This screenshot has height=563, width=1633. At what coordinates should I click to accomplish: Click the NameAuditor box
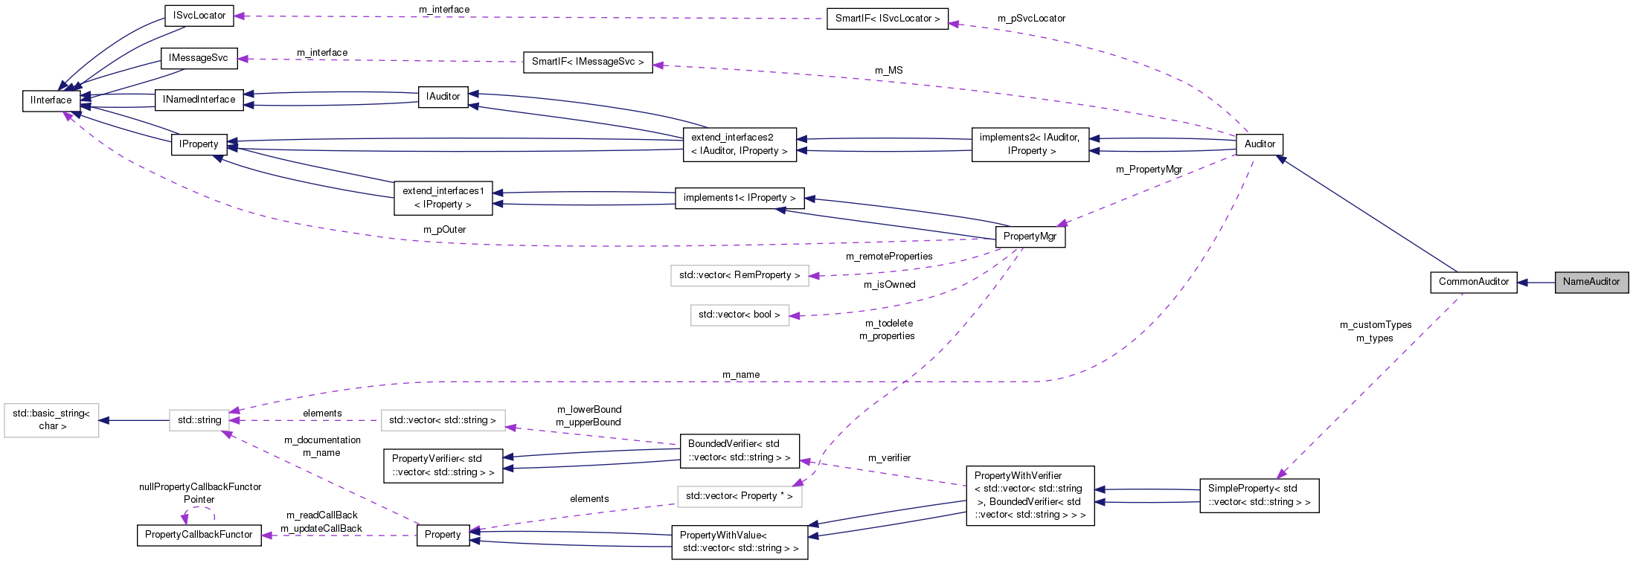1591,282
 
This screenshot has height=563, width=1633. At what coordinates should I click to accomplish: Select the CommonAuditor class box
1473,282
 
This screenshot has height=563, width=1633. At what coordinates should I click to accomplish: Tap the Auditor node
1259,144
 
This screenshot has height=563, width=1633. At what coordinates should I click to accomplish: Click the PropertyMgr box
1030,237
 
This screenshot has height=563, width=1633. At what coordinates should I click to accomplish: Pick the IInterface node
51,100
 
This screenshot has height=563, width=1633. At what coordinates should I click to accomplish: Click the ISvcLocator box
199,16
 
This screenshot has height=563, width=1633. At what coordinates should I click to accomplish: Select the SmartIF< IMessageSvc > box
587,62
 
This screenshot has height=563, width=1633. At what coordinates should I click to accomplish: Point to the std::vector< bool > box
739,315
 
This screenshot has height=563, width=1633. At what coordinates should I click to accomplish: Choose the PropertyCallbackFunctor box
199,535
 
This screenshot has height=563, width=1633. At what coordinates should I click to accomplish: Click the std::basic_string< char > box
51,419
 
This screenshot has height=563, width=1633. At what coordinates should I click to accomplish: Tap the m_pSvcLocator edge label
1031,19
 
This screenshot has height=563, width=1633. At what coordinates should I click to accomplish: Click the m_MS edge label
888,71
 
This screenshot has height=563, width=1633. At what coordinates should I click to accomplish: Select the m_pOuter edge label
444,230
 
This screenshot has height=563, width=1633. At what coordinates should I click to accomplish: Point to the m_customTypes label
1375,325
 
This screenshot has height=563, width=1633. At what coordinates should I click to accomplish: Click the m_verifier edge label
889,458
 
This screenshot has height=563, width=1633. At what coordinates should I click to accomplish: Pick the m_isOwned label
889,285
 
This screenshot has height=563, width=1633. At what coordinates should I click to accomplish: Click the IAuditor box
443,97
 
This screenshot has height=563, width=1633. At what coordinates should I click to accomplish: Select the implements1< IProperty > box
739,198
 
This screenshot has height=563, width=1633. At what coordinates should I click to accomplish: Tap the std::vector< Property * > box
739,496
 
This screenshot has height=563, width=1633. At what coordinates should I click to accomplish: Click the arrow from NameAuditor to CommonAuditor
1536,282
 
